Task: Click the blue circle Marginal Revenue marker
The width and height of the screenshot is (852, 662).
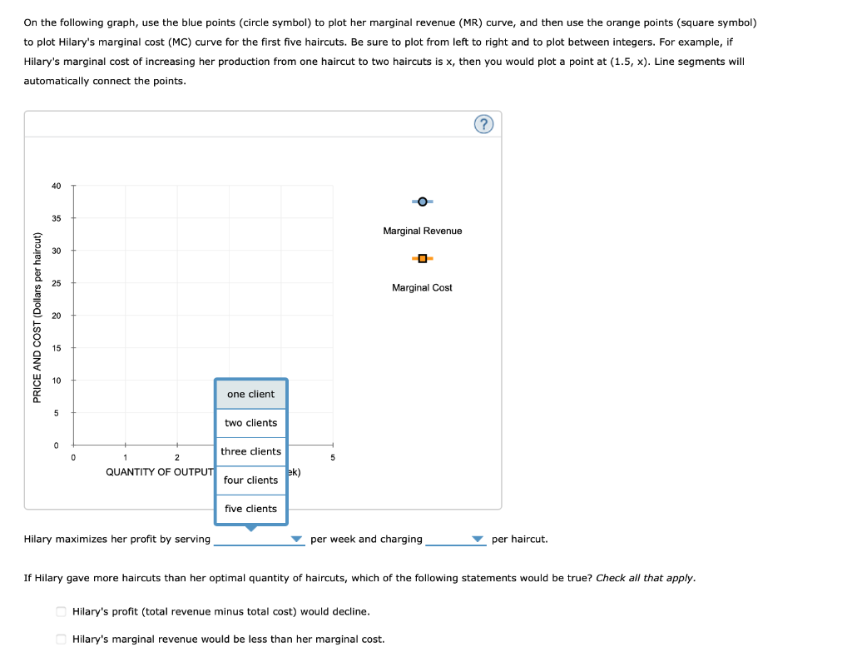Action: [423, 202]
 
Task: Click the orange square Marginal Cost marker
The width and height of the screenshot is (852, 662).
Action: [423, 258]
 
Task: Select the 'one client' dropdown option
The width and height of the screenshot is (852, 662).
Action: [250, 394]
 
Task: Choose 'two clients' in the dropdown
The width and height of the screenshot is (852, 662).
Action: [250, 423]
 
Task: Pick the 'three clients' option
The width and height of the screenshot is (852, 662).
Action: [250, 451]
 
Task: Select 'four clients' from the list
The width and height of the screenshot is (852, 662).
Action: [250, 480]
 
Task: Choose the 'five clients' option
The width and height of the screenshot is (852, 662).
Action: [250, 509]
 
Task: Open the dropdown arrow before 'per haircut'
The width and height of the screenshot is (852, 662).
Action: [478, 540]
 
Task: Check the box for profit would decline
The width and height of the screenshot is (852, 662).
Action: [61, 611]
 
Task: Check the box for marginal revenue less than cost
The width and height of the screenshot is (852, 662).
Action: [61, 639]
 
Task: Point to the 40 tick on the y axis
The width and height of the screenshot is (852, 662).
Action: [56, 186]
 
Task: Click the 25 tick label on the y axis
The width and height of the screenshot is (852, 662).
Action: [56, 283]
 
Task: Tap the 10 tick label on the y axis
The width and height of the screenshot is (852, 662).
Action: [56, 381]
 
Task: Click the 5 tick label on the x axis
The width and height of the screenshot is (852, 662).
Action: [333, 457]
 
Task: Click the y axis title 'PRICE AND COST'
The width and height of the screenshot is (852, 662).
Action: [36, 316]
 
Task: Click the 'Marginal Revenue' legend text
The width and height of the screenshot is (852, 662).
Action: [423, 231]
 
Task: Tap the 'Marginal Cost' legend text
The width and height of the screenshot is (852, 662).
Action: [423, 287]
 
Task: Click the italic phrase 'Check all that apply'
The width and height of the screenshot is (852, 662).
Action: [646, 578]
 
